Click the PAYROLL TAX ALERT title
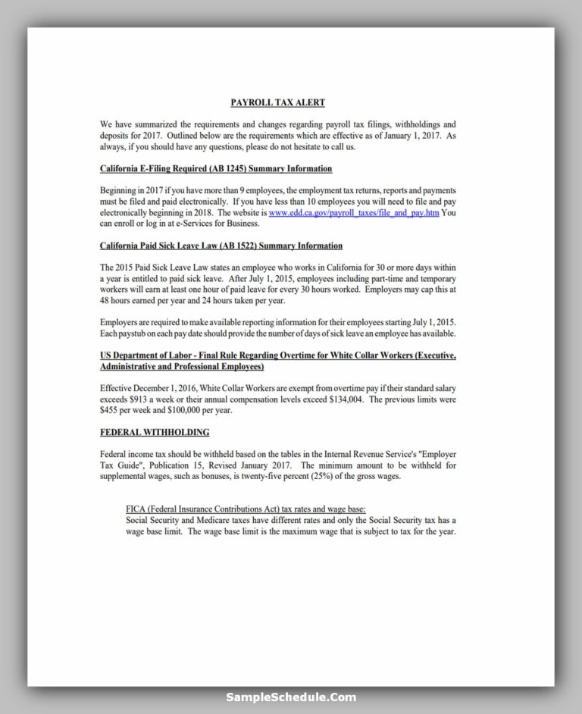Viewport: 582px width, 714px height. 277,102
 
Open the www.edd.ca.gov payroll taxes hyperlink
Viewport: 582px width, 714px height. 354,213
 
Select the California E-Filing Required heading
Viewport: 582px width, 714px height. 216,168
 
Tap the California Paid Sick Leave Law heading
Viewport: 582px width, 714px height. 221,246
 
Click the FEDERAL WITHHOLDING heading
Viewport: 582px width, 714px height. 155,432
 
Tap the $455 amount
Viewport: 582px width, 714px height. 111,410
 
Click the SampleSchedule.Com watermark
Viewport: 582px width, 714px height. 290,697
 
